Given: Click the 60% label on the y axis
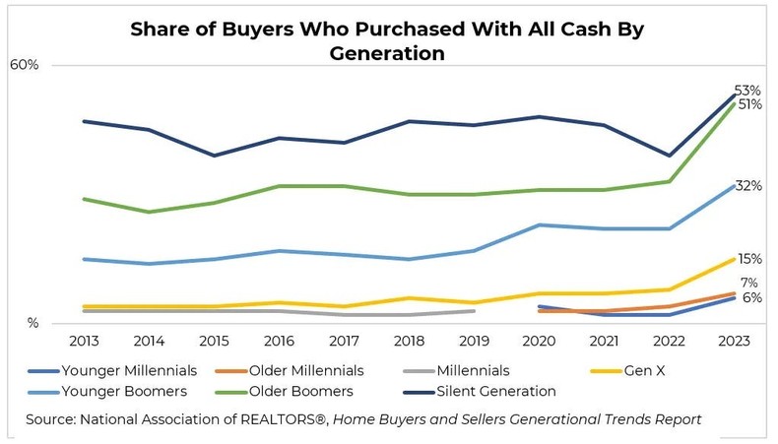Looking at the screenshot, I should pos(24,65).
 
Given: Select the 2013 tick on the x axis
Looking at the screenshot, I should pos(84,341).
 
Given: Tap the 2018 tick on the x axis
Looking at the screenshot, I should pos(409,341).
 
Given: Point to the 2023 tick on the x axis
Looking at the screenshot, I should pos(734,341).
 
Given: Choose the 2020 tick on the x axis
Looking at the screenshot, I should pos(539,341).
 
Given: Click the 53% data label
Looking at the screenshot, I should pos(747,91).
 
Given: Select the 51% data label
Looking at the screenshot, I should pos(747,104).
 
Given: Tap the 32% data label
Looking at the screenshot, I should pos(748,186).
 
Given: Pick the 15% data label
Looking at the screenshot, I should pos(748,259).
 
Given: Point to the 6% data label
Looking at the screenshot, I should pos(751,297).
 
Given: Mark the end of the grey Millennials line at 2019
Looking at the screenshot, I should pos(474,311).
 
